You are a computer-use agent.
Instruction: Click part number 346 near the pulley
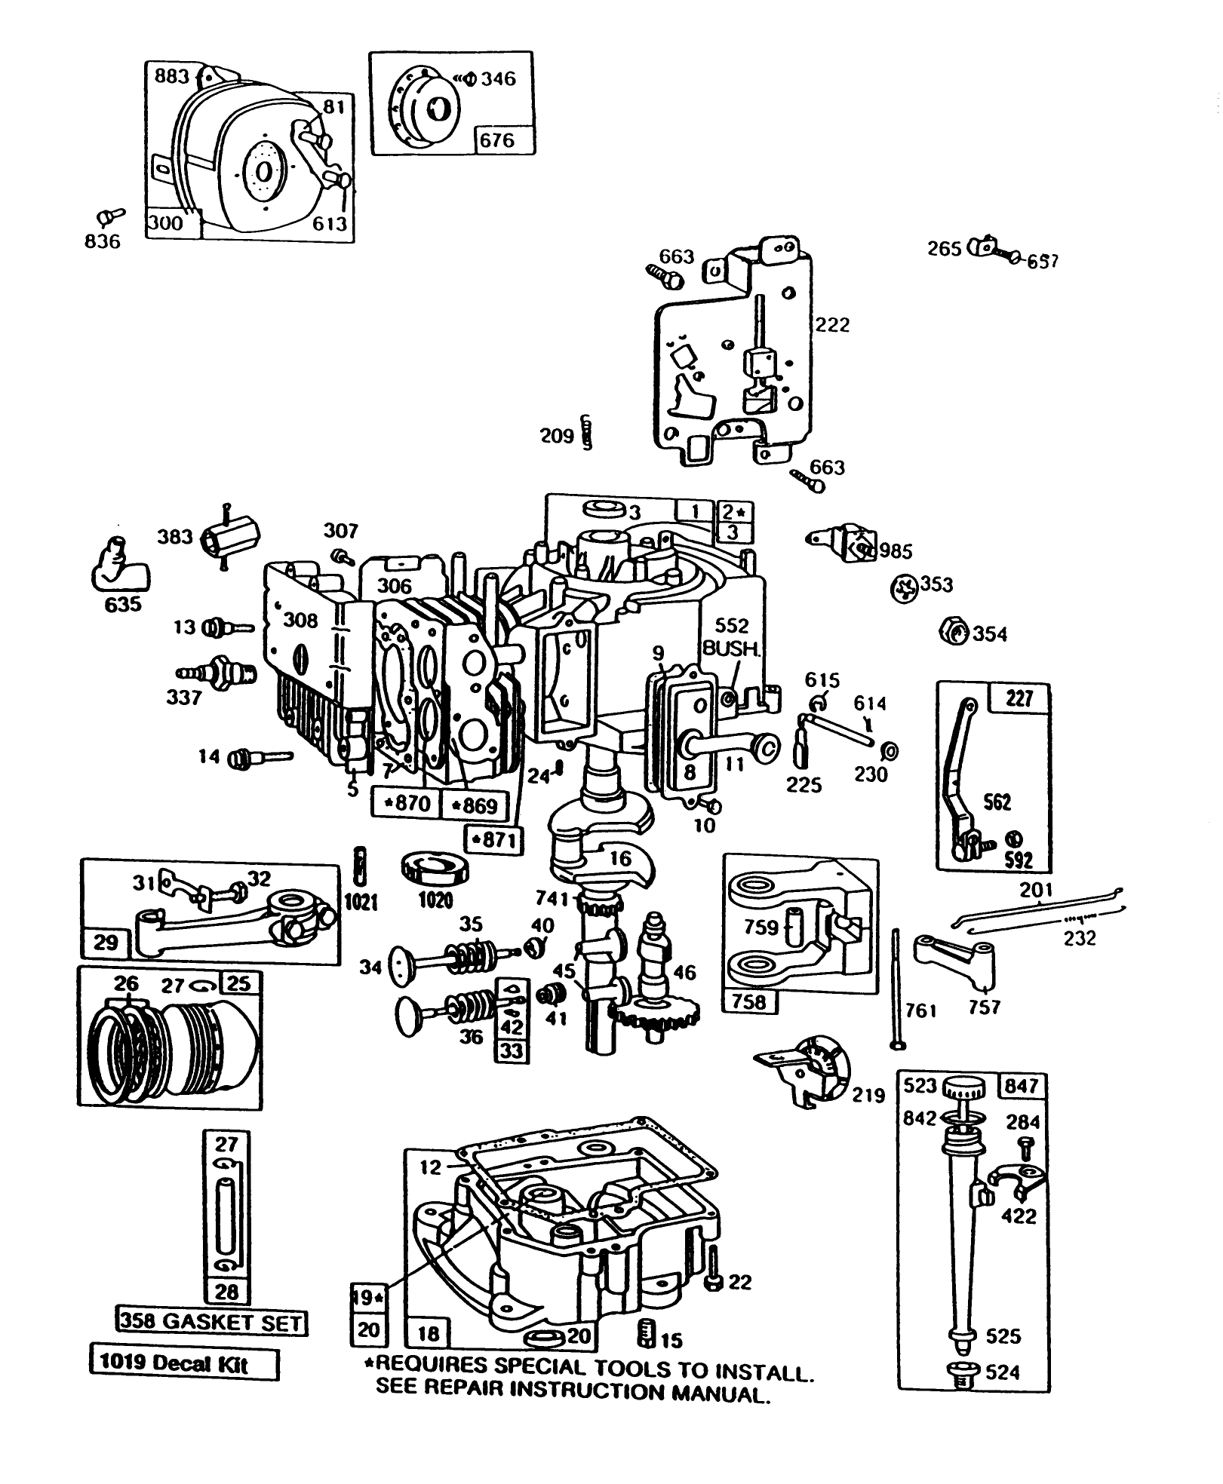pyautogui.click(x=499, y=78)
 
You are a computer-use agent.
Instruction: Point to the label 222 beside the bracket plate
pyautogui.click(x=832, y=325)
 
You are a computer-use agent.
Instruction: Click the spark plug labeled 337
pyautogui.click(x=218, y=670)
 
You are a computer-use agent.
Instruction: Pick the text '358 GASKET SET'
pyautogui.click(x=210, y=1322)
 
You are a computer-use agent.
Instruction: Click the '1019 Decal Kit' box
pyautogui.click(x=183, y=1364)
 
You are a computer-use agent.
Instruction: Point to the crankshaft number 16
pyautogui.click(x=620, y=858)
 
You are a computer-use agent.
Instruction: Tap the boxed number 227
pyautogui.click(x=1019, y=698)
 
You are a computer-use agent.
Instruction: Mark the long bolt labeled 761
pyautogui.click(x=896, y=988)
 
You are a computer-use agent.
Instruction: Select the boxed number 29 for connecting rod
pyautogui.click(x=105, y=943)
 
